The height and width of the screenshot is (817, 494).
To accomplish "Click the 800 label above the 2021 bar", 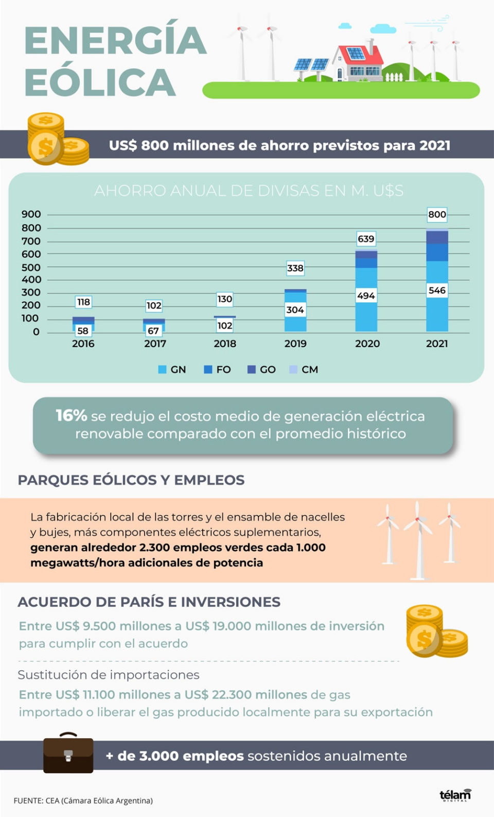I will click(x=437, y=214).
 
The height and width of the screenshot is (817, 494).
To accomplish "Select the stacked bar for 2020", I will click(x=366, y=291).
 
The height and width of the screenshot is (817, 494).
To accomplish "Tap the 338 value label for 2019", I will click(x=295, y=268).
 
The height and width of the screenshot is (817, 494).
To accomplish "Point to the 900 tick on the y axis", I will click(x=31, y=214).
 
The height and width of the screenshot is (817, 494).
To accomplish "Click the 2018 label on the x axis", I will click(x=225, y=344).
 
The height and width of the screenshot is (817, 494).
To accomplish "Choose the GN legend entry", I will click(x=172, y=369).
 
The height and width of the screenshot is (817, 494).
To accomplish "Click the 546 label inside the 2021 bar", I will click(x=437, y=290).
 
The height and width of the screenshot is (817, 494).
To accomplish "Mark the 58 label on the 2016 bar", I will click(x=83, y=331).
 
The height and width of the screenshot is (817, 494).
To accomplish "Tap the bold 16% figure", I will click(x=71, y=415).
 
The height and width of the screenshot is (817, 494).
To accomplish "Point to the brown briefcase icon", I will click(x=68, y=754).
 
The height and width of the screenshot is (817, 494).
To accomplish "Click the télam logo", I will click(x=455, y=795).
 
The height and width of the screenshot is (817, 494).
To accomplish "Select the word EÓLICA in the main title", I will click(x=100, y=82).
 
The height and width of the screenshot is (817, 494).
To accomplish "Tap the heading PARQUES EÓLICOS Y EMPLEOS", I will click(x=131, y=480).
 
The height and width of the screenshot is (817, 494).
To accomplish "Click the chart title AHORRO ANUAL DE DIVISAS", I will click(x=249, y=191).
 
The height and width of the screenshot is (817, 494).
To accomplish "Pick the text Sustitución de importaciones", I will click(x=109, y=675).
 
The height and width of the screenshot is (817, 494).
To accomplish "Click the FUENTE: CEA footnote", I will click(x=83, y=801).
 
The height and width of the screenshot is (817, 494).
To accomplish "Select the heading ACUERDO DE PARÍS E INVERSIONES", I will click(x=149, y=602).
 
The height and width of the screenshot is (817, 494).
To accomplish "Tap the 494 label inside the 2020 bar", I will click(x=366, y=296).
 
